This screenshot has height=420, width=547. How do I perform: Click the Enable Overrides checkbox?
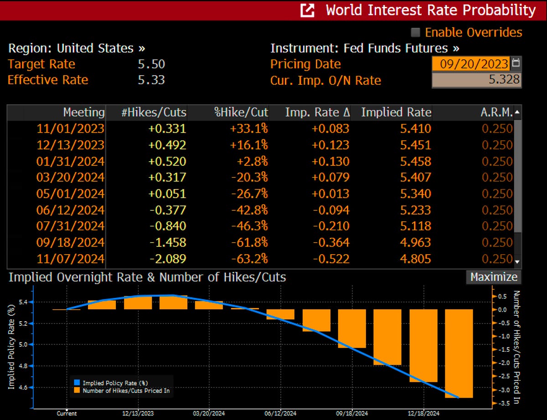415,32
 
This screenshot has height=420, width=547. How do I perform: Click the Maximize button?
493,277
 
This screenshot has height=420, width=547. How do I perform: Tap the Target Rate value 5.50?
151,64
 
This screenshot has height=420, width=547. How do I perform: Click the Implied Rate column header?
396,112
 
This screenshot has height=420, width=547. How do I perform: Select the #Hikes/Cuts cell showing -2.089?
168,259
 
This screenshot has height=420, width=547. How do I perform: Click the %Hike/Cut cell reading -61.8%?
250,243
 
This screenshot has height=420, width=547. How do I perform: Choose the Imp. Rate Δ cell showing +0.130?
331,161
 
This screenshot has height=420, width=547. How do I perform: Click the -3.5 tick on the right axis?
500,404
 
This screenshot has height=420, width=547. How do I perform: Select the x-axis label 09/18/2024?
352,414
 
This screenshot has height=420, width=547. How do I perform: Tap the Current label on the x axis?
67,414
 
